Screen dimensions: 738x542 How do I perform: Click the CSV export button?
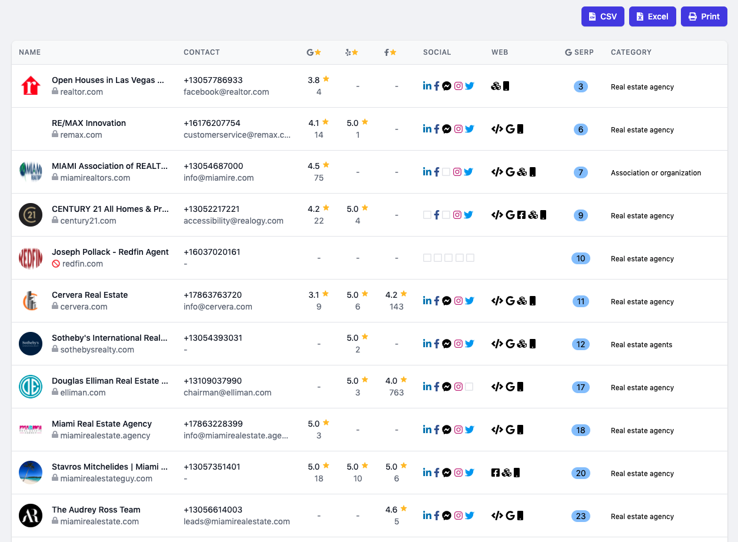click(x=603, y=16)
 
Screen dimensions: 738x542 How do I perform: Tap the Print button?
click(x=704, y=16)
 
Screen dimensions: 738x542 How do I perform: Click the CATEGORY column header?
click(x=631, y=52)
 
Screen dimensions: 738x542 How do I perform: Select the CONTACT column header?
click(x=202, y=52)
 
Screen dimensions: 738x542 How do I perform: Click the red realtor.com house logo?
click(x=31, y=86)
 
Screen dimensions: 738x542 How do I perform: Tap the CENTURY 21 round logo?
click(x=31, y=215)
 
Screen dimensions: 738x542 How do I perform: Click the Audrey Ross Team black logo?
click(x=31, y=516)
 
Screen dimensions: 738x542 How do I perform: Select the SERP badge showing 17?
click(x=580, y=387)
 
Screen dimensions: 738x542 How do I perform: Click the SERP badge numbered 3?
click(x=580, y=87)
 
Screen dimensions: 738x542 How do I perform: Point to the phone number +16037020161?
click(x=212, y=252)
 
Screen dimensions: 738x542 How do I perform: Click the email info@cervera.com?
click(x=218, y=307)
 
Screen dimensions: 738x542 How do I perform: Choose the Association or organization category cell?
click(x=656, y=172)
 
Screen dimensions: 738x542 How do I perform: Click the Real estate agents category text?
click(x=641, y=345)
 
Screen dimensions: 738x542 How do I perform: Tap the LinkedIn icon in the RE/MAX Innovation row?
click(x=427, y=129)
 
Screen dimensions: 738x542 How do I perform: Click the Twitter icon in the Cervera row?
click(x=469, y=301)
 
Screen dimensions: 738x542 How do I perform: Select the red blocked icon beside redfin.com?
click(x=56, y=264)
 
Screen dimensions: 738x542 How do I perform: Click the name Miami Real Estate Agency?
click(x=101, y=424)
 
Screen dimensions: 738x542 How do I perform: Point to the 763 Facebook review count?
click(x=396, y=393)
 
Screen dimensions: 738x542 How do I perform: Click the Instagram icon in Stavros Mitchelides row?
click(x=458, y=473)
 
